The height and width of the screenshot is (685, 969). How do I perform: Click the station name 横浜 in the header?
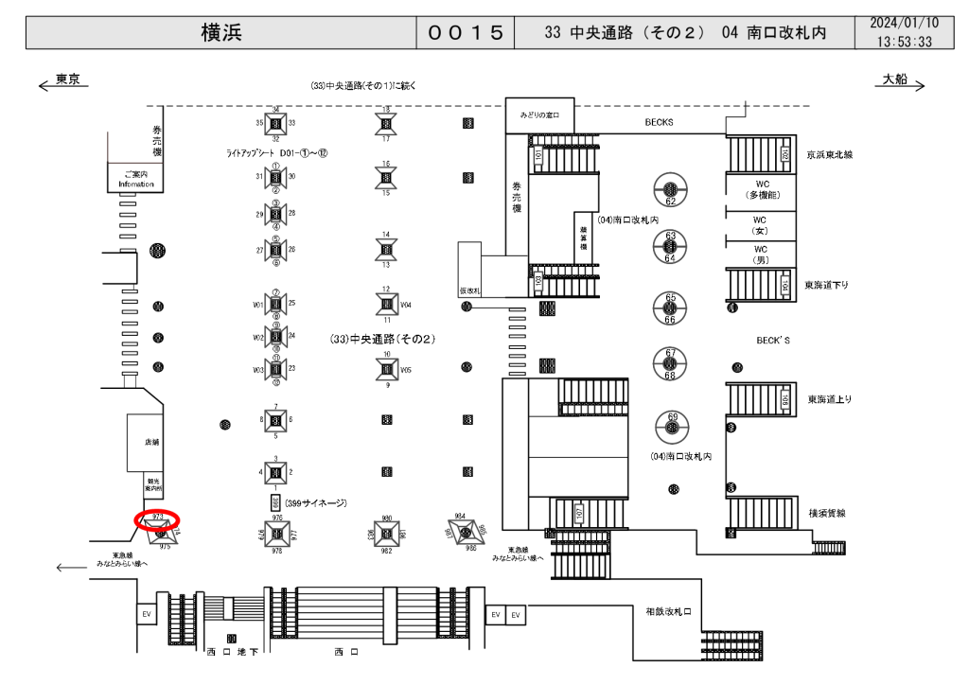click(221, 32)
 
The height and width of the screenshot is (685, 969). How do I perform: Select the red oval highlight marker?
click(157, 518)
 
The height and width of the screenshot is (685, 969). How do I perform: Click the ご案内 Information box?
click(132, 179)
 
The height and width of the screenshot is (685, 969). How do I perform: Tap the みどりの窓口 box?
click(540, 114)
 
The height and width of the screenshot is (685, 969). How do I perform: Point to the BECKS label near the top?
click(659, 122)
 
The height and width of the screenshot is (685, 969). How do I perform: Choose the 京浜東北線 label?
click(830, 154)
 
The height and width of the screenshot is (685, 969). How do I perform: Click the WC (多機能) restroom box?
click(760, 188)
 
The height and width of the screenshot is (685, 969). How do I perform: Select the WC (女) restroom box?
click(760, 224)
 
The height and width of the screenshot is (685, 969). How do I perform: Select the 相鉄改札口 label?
click(668, 612)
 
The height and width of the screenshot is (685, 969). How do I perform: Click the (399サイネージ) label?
click(316, 503)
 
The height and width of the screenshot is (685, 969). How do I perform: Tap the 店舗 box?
click(151, 442)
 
